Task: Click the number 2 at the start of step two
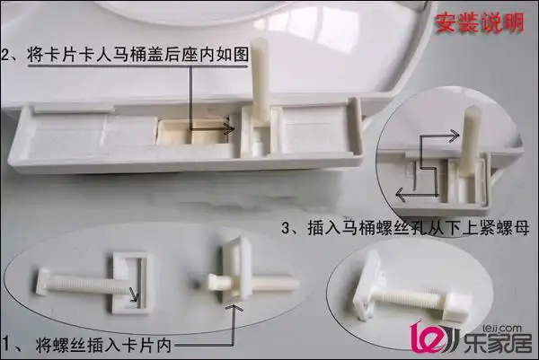pyautogui.click(x=8, y=56)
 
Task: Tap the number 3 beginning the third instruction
pyautogui.click(x=287, y=228)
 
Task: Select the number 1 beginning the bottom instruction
pyautogui.click(x=7, y=342)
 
